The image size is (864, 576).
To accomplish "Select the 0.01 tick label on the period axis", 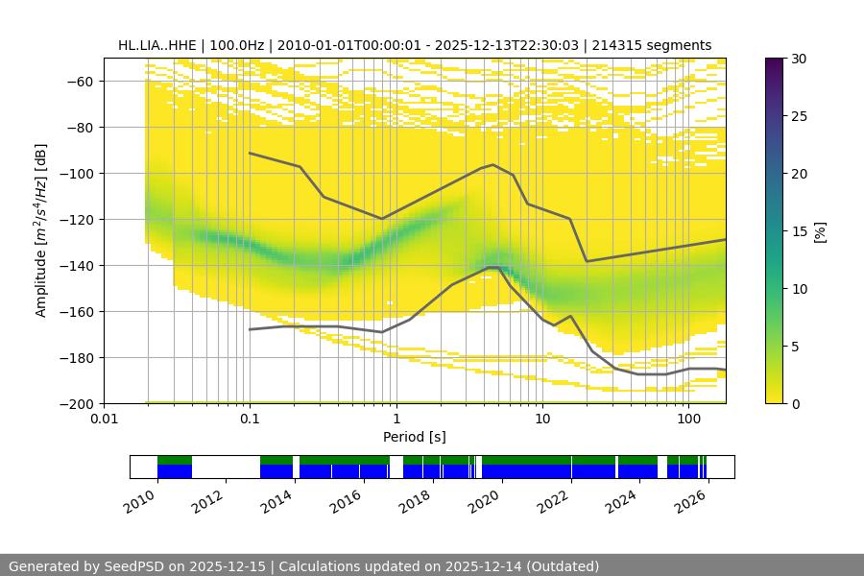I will [104, 420].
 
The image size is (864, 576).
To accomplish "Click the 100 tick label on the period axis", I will [687, 420].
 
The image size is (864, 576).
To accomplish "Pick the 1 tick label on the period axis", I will [396, 420].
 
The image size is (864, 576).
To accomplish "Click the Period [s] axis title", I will [414, 437].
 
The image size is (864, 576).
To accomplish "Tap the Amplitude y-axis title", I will [41, 230].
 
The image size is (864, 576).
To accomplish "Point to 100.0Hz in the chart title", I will [233, 45].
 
